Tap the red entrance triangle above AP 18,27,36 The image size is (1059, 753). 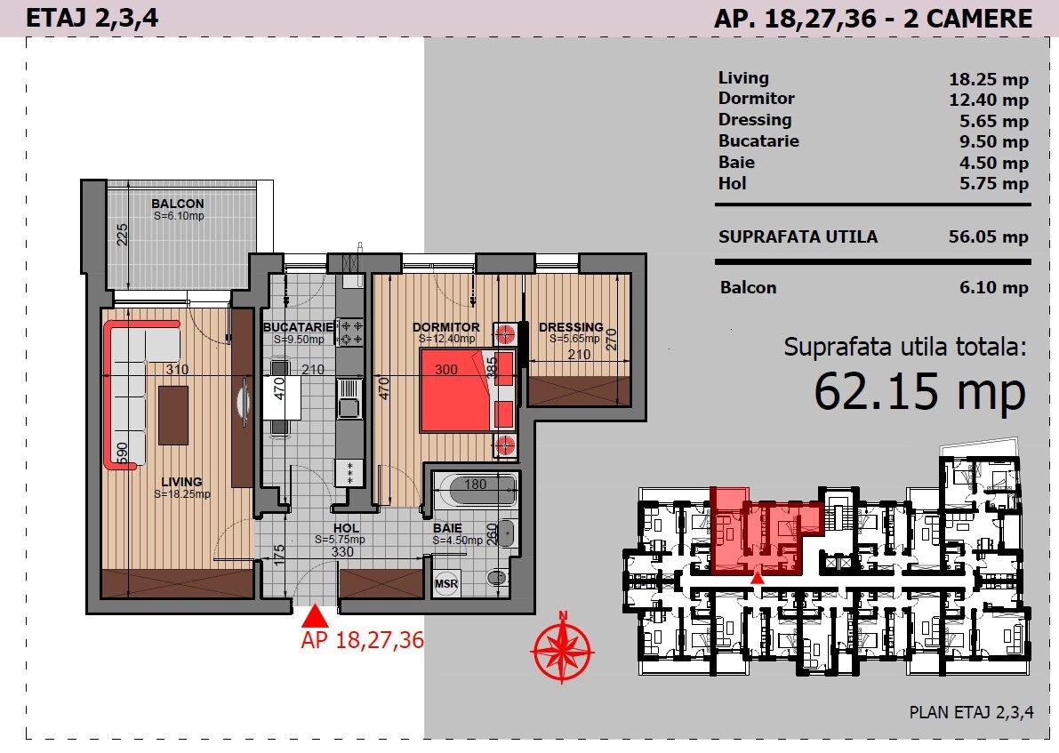315,617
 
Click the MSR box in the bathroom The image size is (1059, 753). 445,583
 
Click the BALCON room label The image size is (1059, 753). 178,204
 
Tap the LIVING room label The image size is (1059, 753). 181,482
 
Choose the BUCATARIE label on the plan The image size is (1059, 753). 298,327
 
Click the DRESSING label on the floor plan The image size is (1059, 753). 571,327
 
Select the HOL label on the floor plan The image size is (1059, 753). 346,528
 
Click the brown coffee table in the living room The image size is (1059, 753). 172,414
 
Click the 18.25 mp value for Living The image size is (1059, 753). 989,79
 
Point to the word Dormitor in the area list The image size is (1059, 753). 757,98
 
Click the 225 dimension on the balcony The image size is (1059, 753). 122,235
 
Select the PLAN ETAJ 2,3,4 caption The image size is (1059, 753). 971,712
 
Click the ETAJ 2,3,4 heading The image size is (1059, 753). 92,18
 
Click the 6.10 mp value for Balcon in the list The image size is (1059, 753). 994,288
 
